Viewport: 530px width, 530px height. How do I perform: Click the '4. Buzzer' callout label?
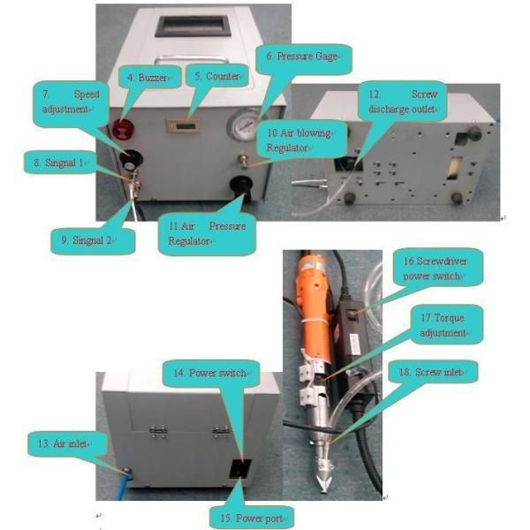point(153,77)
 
